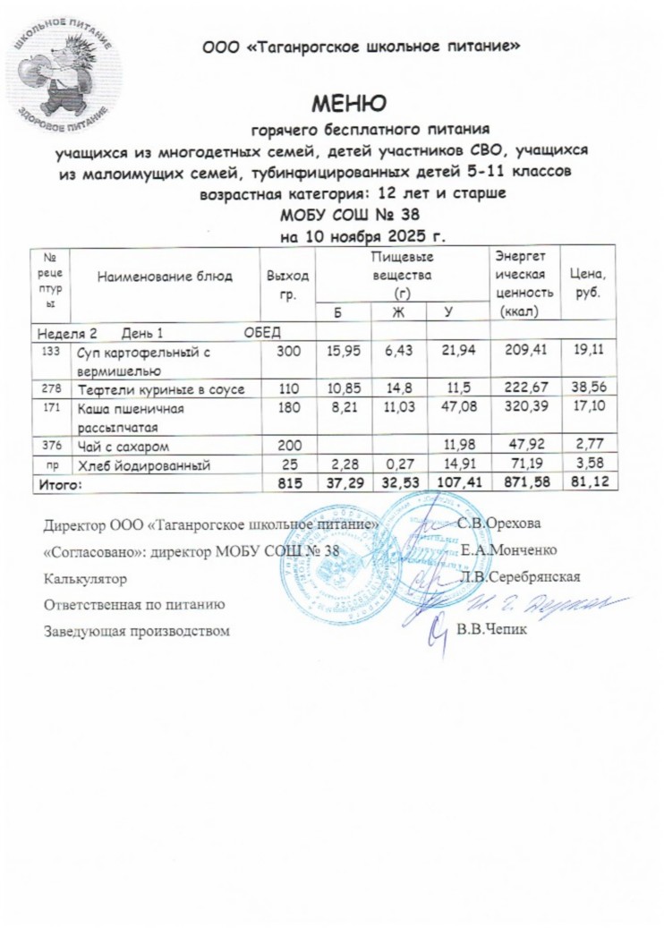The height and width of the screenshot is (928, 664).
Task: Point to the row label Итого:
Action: coord(57,483)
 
